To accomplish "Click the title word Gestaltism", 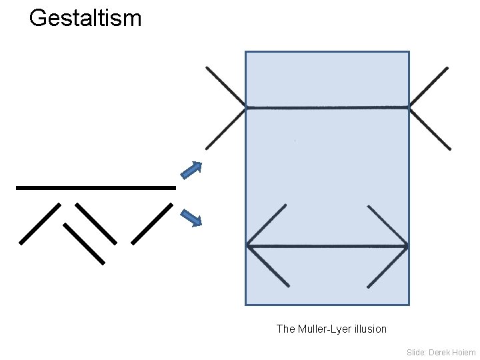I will click(85, 18).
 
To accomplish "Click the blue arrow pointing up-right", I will click(192, 170).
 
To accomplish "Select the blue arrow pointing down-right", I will click(191, 218).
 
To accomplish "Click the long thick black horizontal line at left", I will click(95, 188).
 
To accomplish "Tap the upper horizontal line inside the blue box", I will click(327, 107).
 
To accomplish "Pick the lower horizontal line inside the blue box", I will click(327, 246).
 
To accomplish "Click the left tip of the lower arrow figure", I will click(248, 246).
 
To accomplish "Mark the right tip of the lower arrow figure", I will click(407, 246).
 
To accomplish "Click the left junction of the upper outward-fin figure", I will click(246, 107).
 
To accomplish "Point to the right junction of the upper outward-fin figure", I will click(409, 107).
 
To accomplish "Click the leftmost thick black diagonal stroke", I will click(40, 223).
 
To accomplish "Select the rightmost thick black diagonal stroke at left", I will click(152, 223).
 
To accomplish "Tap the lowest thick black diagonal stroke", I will click(84, 243).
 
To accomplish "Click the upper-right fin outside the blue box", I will click(429, 87).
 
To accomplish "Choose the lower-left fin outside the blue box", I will click(226, 128).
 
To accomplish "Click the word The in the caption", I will click(285, 329).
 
